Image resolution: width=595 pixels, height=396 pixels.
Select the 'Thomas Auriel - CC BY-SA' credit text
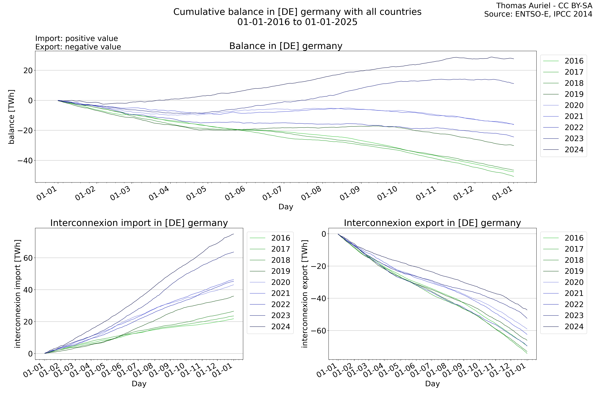544,6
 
